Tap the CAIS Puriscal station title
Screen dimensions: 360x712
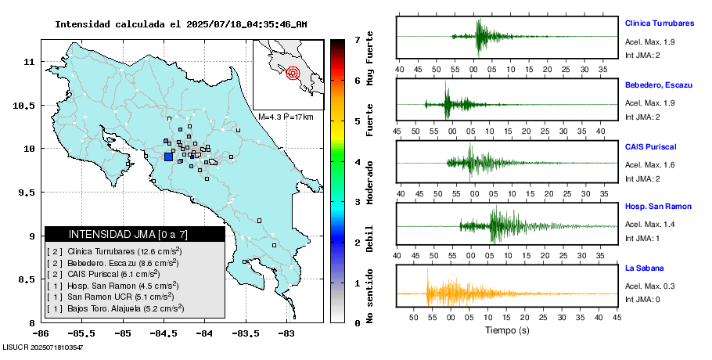[x=650, y=146]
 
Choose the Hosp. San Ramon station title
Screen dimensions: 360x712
[x=657, y=206]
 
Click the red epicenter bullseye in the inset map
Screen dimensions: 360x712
[x=293, y=74]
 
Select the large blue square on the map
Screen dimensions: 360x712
[x=168, y=157]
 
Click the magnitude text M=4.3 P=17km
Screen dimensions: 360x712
[x=286, y=117]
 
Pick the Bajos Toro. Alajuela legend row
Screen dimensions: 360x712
[x=115, y=308]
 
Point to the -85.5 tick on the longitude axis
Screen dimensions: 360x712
[x=81, y=332]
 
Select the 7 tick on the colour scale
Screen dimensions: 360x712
[x=357, y=39]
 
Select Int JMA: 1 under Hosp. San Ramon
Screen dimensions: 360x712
[x=643, y=238]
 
